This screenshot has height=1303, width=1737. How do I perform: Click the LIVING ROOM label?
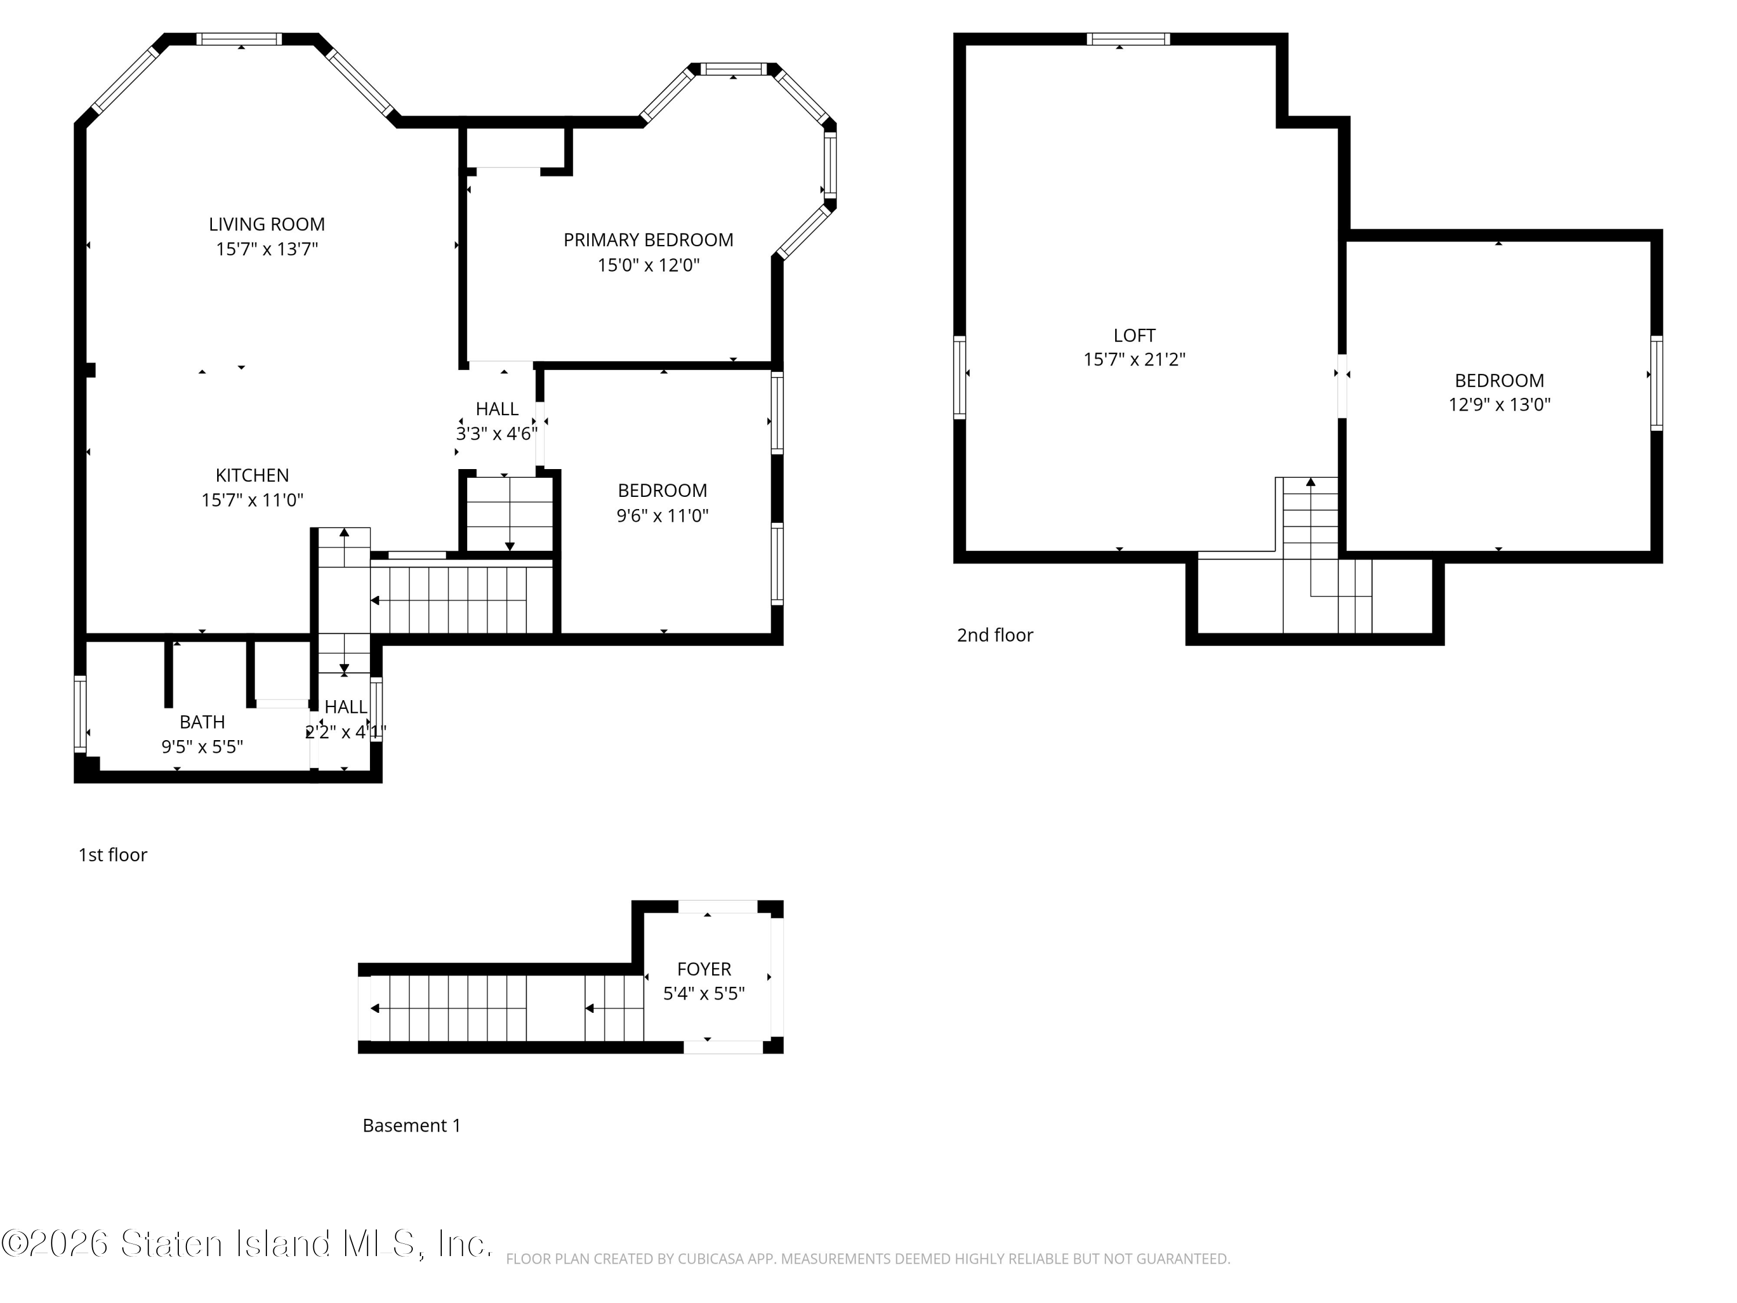[x=267, y=225]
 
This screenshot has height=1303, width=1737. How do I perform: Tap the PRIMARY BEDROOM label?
[x=648, y=240]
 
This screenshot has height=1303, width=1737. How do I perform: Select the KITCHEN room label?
[x=252, y=476]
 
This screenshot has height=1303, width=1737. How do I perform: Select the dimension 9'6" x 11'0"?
[x=663, y=516]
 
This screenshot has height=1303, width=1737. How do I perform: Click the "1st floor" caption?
[x=112, y=855]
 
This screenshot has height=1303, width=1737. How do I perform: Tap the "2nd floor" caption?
[x=995, y=635]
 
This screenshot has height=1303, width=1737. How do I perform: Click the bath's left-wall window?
[x=79, y=713]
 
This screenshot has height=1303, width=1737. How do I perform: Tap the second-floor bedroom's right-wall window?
[x=1657, y=383]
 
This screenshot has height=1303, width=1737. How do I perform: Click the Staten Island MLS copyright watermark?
[x=247, y=1244]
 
